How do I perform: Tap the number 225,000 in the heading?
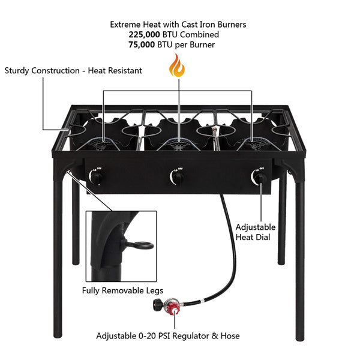145,35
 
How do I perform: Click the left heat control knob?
97,178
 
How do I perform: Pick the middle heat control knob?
177,178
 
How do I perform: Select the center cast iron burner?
178,143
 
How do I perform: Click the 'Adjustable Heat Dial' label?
256,232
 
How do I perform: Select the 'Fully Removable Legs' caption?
122,291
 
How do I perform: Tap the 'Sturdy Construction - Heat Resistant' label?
73,71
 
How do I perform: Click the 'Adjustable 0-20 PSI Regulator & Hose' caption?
168,336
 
